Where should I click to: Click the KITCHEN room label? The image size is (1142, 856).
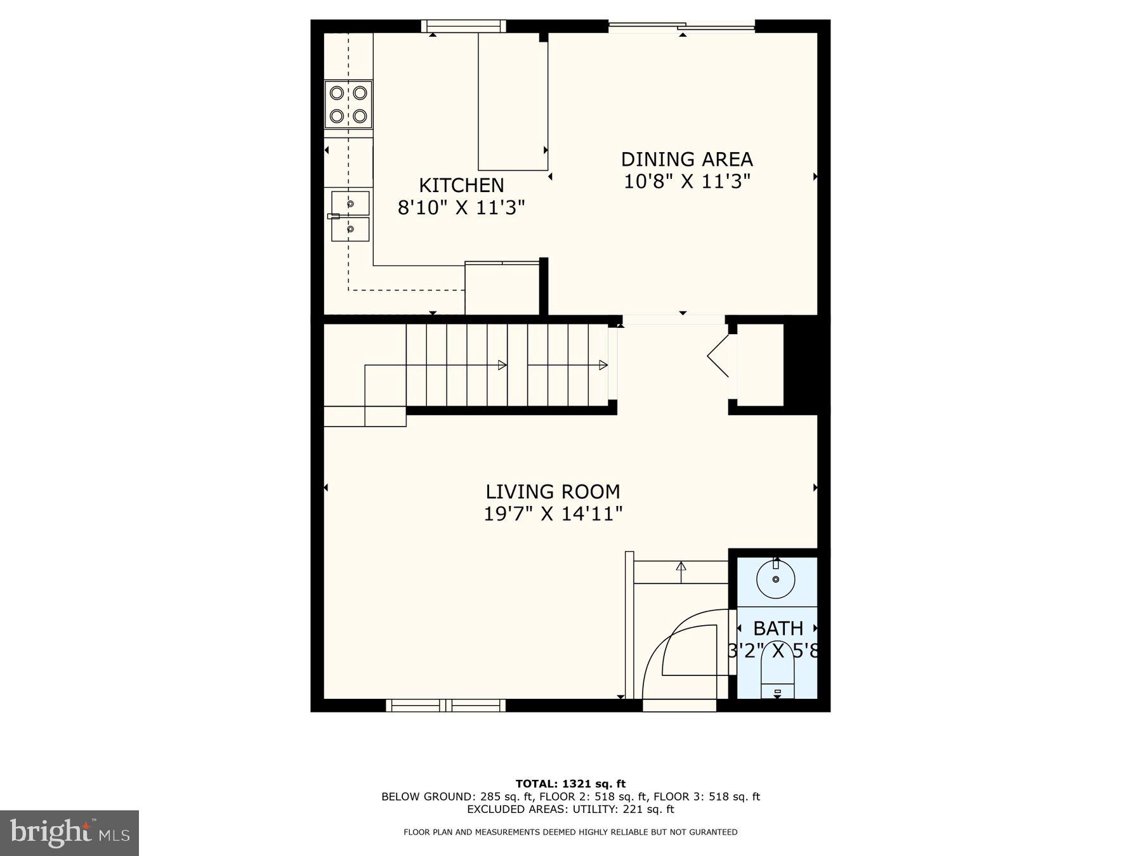461,185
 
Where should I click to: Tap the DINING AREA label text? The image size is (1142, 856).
686,159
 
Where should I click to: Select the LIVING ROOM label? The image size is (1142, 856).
553,491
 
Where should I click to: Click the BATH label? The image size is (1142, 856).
778,628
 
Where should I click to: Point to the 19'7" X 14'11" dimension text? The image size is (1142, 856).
553,514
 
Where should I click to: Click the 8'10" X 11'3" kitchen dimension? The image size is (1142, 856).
461,207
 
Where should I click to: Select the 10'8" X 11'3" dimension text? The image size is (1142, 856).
686,181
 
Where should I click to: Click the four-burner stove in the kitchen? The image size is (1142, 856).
348,105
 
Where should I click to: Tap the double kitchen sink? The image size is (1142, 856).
350,216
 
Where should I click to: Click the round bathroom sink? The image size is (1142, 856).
776,579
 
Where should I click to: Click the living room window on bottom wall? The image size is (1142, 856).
446,705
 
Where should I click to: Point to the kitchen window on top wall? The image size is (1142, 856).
463,26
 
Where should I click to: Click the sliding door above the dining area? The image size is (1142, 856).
682,27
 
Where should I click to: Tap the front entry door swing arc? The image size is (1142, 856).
685,647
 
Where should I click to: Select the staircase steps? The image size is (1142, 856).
508,365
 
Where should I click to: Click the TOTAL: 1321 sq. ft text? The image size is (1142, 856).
570,784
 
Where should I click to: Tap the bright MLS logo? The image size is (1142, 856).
69,833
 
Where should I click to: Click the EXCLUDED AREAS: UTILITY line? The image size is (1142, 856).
570,809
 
